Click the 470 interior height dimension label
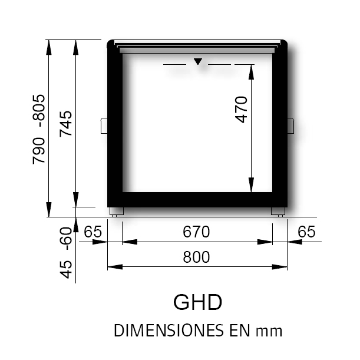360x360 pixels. [242, 110]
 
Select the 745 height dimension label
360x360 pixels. [66, 124]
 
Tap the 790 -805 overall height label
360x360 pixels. [38, 129]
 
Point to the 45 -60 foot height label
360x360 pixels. [66, 253]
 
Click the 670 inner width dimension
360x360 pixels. [196, 232]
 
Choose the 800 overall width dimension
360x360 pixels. [196, 257]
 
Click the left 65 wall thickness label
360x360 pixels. [93, 232]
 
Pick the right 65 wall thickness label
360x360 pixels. [306, 232]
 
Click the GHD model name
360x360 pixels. [198, 302]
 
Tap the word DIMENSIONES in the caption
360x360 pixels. [169, 331]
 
